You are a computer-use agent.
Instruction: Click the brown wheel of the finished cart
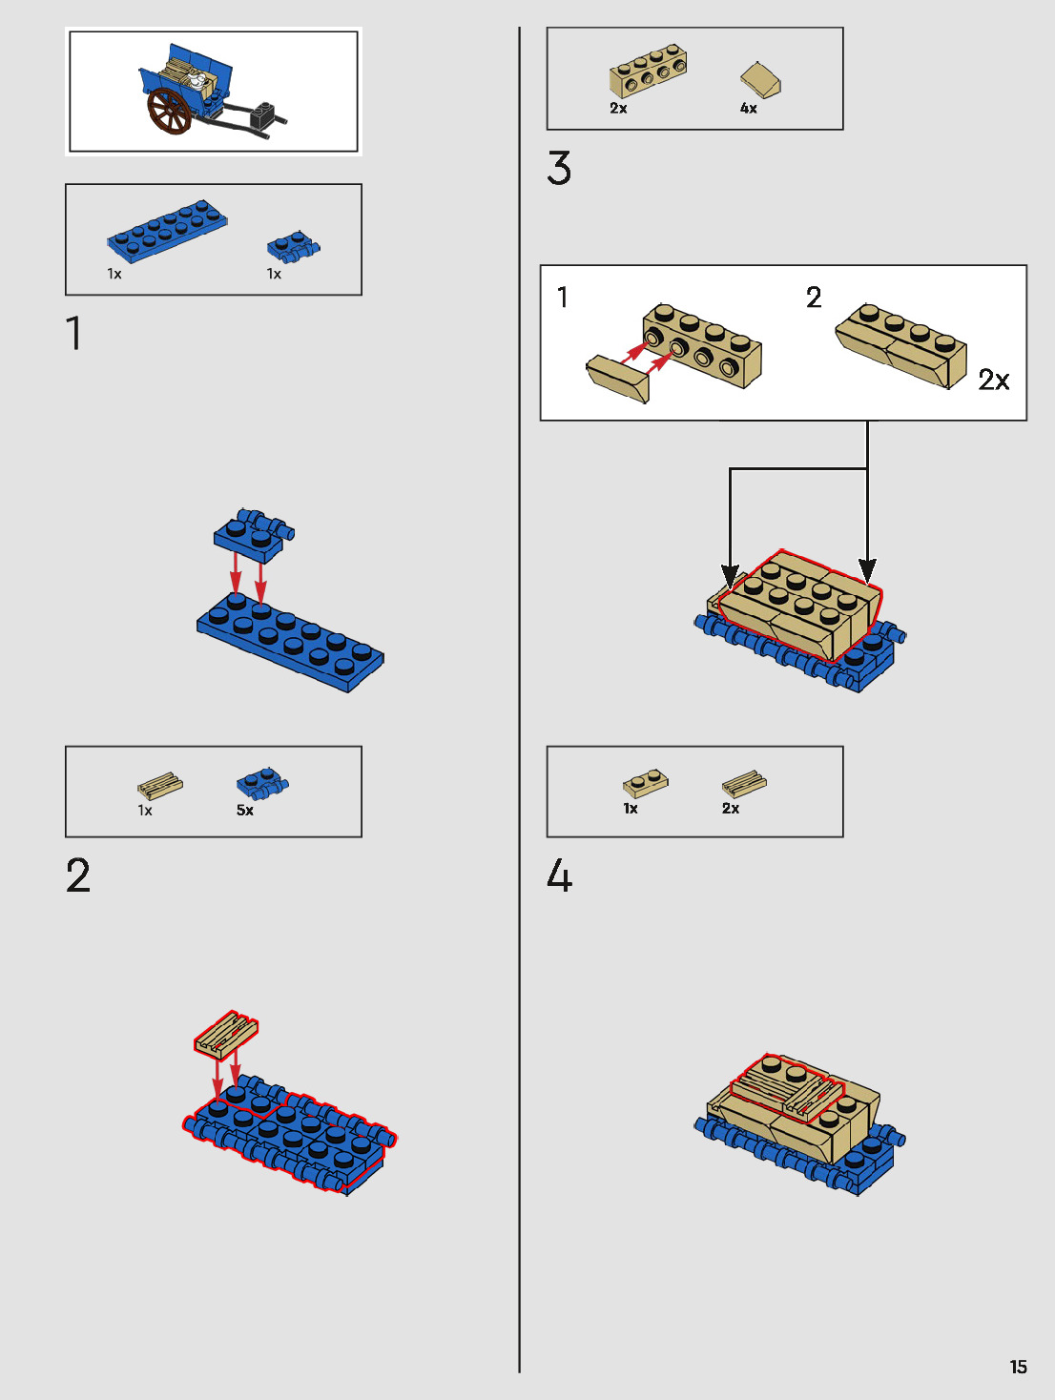169,112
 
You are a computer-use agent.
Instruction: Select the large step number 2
78,875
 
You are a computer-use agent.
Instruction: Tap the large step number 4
559,875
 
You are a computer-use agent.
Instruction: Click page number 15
1018,1367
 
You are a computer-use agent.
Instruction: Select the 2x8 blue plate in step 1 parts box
167,231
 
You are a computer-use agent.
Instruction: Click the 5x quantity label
245,810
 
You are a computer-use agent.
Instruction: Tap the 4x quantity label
748,109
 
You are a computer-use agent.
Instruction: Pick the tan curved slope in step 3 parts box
760,80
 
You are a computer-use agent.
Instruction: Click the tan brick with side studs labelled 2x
648,71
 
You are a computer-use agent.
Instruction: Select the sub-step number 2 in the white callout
814,298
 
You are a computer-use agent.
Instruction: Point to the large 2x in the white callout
994,381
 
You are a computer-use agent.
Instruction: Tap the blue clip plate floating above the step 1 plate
254,534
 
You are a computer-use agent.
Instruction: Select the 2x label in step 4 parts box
731,808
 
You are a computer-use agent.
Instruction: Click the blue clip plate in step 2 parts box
262,784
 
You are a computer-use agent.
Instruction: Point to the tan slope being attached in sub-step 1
617,379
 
